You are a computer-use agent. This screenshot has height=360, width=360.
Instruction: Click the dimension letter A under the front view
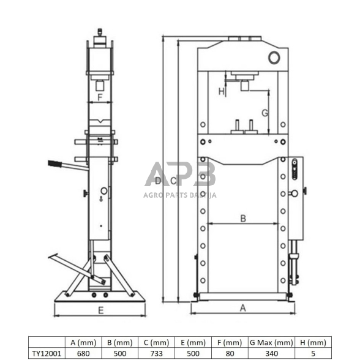(x=242, y=308)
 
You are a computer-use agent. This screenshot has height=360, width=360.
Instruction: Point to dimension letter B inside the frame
(x=243, y=218)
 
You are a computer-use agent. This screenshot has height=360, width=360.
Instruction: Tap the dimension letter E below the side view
(x=101, y=310)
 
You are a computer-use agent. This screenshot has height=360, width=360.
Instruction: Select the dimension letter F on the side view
(x=100, y=97)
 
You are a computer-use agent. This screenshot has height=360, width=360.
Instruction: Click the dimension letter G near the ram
(x=265, y=113)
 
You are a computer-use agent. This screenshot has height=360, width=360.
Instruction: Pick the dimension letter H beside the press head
(x=221, y=92)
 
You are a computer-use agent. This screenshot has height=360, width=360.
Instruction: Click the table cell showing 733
(x=157, y=353)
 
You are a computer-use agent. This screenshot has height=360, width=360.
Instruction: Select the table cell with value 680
(x=83, y=353)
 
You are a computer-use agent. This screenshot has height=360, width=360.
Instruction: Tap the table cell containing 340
(x=271, y=353)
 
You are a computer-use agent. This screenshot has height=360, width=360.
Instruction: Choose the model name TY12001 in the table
(x=47, y=353)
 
